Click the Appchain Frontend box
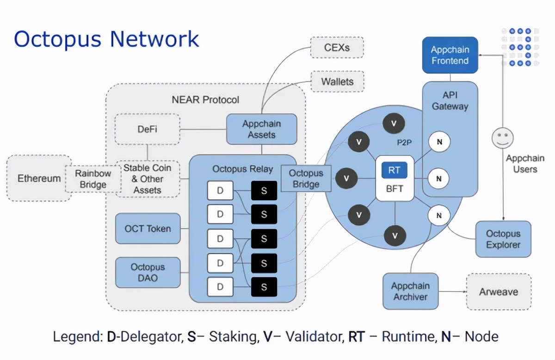pyautogui.click(x=450, y=55)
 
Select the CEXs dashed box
pyautogui.click(x=337, y=47)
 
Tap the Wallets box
pyautogui.click(x=337, y=82)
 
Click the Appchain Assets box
pyautogui.click(x=262, y=129)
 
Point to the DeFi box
pyautogui.click(x=147, y=129)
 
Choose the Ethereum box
pyautogui.click(x=39, y=178)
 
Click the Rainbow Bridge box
pyautogui.click(x=93, y=179)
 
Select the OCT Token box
pyautogui.click(x=148, y=229)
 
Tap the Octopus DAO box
pyautogui.click(x=148, y=273)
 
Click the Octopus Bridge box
pyautogui.click(x=306, y=179)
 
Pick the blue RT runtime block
pyautogui.click(x=394, y=170)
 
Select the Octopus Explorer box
pyautogui.click(x=503, y=239)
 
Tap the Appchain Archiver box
pyautogui.click(x=410, y=292)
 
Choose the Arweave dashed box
pyautogui.click(x=499, y=292)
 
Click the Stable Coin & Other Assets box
pyautogui.click(x=147, y=179)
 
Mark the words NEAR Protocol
pyautogui.click(x=205, y=99)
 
